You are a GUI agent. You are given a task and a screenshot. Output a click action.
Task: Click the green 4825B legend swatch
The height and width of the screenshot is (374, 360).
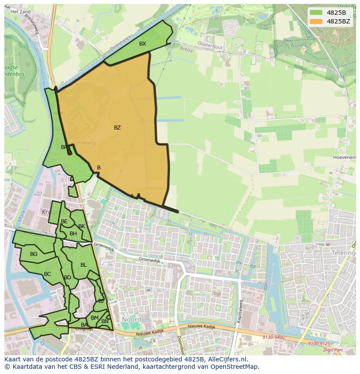click(316, 13)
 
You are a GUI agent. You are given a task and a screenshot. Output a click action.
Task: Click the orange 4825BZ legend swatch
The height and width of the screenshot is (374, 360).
click(316, 21)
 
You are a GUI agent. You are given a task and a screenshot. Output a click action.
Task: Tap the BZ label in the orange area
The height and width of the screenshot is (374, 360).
click(117, 128)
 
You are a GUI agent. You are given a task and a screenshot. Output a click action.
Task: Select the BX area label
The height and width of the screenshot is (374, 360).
click(143, 44)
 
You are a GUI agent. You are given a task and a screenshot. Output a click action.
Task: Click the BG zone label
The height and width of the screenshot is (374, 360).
click(33, 254)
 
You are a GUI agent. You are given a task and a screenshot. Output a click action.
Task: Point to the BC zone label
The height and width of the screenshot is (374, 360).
click(47, 274)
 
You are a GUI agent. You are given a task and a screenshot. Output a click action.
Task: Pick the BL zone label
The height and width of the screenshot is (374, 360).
click(83, 265)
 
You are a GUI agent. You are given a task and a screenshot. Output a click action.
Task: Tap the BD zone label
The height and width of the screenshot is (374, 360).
click(67, 278)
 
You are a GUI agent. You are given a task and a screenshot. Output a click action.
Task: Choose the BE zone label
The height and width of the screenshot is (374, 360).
click(64, 222)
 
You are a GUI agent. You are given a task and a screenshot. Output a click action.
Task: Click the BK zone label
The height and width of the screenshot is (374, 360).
click(82, 226)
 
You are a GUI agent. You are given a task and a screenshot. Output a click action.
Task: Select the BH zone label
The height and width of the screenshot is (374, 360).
click(73, 234)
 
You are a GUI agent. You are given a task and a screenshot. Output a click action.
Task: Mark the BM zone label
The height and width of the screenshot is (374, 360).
click(94, 318)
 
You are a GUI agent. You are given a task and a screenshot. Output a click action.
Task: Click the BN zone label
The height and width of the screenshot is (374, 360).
click(105, 321)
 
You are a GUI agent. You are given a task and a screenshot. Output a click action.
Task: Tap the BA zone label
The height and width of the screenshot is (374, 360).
click(84, 324)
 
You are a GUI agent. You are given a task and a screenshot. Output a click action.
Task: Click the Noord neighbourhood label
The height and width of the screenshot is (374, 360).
click(131, 319)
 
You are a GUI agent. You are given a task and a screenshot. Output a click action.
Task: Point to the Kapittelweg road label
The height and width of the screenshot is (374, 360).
click(240, 311)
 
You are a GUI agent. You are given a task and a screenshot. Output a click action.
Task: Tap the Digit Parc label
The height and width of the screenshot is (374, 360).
click(334, 349)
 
